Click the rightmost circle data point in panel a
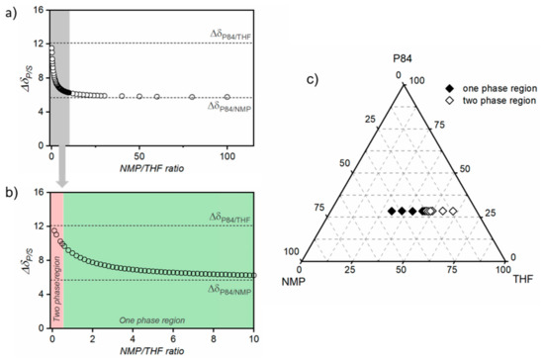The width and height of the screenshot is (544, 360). tap(227, 97)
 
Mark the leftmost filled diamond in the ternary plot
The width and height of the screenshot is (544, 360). tap(391, 212)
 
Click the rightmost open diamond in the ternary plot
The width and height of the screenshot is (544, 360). tap(454, 212)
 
